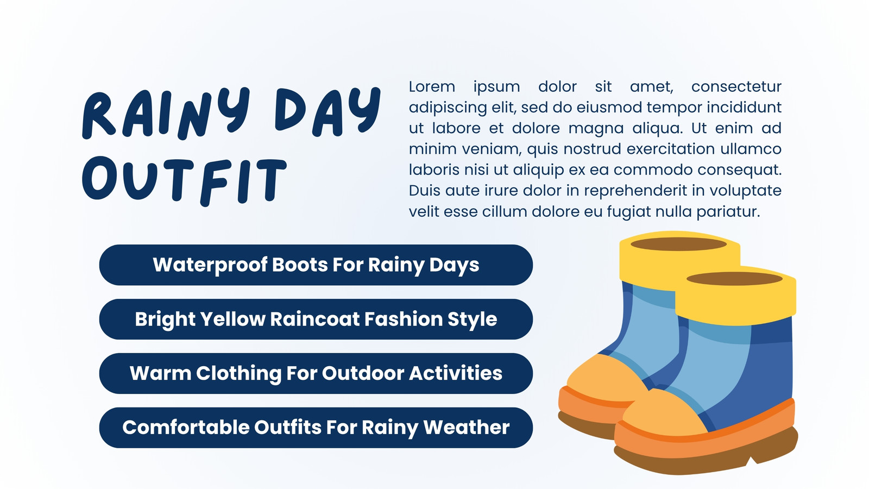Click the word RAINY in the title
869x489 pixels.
[166, 114]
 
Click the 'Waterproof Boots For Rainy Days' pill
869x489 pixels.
[316, 265]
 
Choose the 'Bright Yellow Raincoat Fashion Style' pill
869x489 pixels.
[316, 319]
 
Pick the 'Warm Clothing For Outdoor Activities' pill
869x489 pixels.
[316, 373]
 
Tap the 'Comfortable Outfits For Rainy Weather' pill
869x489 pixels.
[316, 428]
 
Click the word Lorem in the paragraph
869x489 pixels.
[432, 86]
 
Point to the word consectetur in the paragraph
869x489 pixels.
[736, 87]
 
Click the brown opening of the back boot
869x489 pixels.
[678, 244]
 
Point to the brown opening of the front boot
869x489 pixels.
[734, 279]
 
